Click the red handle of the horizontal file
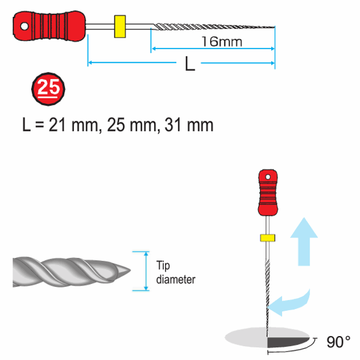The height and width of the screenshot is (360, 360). [49, 26]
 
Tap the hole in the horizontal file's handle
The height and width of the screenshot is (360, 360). [25, 26]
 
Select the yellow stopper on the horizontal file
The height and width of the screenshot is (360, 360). [120, 26]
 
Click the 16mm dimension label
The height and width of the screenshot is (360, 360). [222, 42]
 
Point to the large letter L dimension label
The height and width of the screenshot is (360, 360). [190, 64]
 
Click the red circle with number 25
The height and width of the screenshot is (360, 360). [48, 89]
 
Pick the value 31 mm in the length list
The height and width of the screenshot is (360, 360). [189, 125]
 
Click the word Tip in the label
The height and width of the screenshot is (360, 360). [163, 266]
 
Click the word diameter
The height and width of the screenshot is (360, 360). [176, 280]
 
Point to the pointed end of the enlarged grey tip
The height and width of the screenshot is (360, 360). [130, 270]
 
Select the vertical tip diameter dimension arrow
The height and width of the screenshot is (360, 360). [146, 271]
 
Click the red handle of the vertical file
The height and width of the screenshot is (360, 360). [268, 193]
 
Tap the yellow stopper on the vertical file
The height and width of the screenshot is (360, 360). [268, 238]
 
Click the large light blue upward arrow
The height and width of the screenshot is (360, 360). [304, 242]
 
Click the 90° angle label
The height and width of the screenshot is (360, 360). [338, 342]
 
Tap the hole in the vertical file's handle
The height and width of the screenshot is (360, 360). [268, 177]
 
